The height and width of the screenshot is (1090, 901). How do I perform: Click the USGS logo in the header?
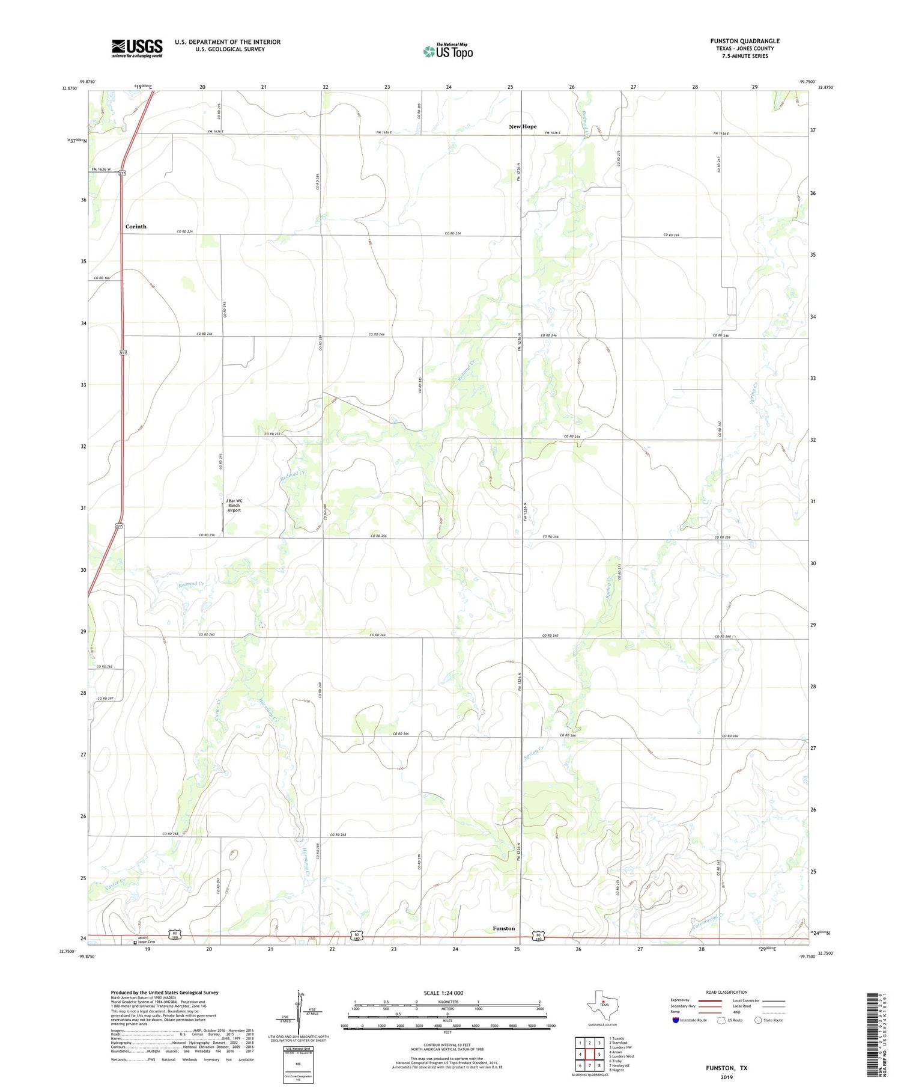coord(137,48)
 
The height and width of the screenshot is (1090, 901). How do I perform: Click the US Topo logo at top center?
coord(448,52)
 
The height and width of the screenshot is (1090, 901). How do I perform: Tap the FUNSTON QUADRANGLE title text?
coord(745,41)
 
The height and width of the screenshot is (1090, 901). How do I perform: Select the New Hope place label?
coord(523,127)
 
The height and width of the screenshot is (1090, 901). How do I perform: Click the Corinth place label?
coord(136,227)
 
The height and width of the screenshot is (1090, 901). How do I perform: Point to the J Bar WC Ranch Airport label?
coord(234,505)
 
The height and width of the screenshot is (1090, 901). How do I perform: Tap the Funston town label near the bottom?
coord(503,928)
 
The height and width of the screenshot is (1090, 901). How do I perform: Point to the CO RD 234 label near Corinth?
coord(185,231)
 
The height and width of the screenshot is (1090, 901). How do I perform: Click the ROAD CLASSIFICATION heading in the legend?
coord(727,992)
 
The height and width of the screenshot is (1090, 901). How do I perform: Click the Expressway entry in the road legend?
coord(682,1000)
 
